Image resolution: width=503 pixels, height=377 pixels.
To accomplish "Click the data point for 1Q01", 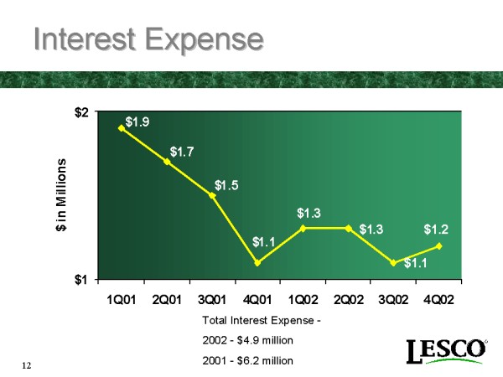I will [122, 128].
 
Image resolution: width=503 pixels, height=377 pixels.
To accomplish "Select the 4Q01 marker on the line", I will [257, 262].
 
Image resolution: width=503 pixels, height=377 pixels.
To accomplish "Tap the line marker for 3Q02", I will [393, 262].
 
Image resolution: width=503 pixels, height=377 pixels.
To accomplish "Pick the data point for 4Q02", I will [438, 245].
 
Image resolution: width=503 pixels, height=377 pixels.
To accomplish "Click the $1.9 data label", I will [138, 123].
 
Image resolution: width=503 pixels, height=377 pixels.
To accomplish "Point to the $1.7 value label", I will [184, 152].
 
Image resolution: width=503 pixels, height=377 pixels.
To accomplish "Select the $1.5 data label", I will [227, 185].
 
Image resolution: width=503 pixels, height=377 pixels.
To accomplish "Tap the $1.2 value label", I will [436, 229].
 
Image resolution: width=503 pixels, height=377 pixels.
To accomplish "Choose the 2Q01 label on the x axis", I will [167, 300].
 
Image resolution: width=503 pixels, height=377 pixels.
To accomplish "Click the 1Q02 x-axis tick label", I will [303, 300].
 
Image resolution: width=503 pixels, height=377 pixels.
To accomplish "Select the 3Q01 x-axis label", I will [212, 300].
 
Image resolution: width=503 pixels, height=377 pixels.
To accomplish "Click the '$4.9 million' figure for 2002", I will [261, 341].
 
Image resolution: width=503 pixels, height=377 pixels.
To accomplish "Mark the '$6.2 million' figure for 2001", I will [261, 360].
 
